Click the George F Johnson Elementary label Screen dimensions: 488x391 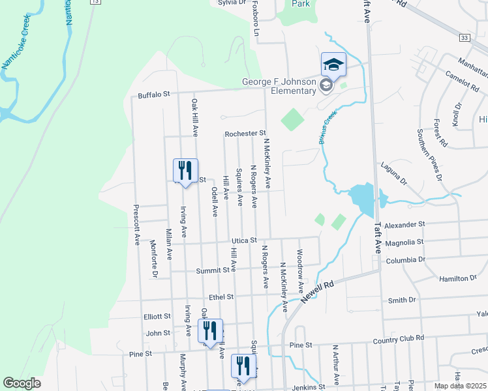point(279,86)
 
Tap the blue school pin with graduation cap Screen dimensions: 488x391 point(333,65)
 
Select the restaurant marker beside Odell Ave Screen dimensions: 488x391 point(185,171)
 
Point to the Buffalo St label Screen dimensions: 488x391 point(153,94)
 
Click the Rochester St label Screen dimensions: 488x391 point(245,134)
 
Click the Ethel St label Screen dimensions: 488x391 point(221,297)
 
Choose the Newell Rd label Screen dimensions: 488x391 point(318,291)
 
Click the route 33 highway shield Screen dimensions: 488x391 point(464,38)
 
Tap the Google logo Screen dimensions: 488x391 point(22,383)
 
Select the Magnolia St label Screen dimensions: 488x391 point(405,242)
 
